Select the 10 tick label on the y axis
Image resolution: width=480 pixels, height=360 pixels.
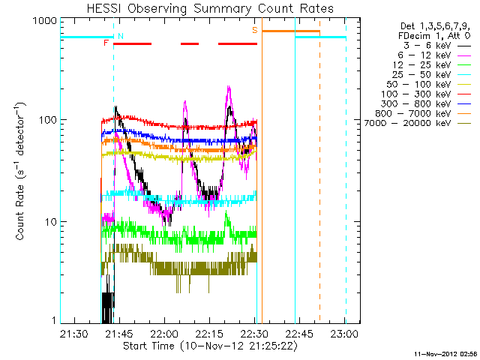tap(50, 222)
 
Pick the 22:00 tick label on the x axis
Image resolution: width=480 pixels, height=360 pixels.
tap(163, 332)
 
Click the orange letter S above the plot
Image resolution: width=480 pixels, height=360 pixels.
tap(255, 30)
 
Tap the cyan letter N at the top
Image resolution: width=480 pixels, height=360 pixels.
tap(121, 36)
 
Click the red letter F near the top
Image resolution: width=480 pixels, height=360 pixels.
tap(106, 43)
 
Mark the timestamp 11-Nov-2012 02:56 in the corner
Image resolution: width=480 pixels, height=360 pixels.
tap(445, 352)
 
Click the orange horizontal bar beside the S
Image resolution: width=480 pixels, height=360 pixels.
tap(291, 31)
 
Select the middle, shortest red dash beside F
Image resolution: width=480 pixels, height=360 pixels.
tap(190, 43)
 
